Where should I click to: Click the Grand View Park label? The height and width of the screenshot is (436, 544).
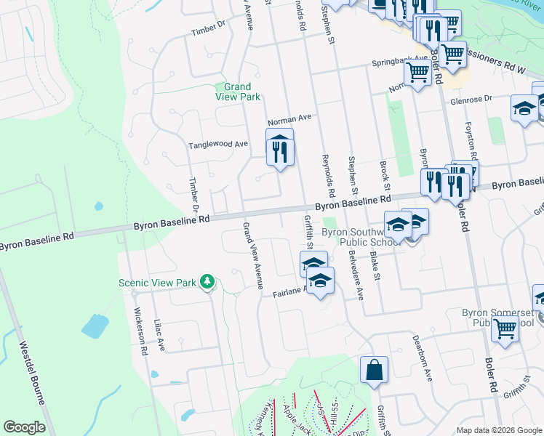238,92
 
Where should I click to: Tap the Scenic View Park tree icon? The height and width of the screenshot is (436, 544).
207,281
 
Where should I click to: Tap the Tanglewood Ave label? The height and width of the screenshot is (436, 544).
218,145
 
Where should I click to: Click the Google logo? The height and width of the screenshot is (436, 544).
24,427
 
